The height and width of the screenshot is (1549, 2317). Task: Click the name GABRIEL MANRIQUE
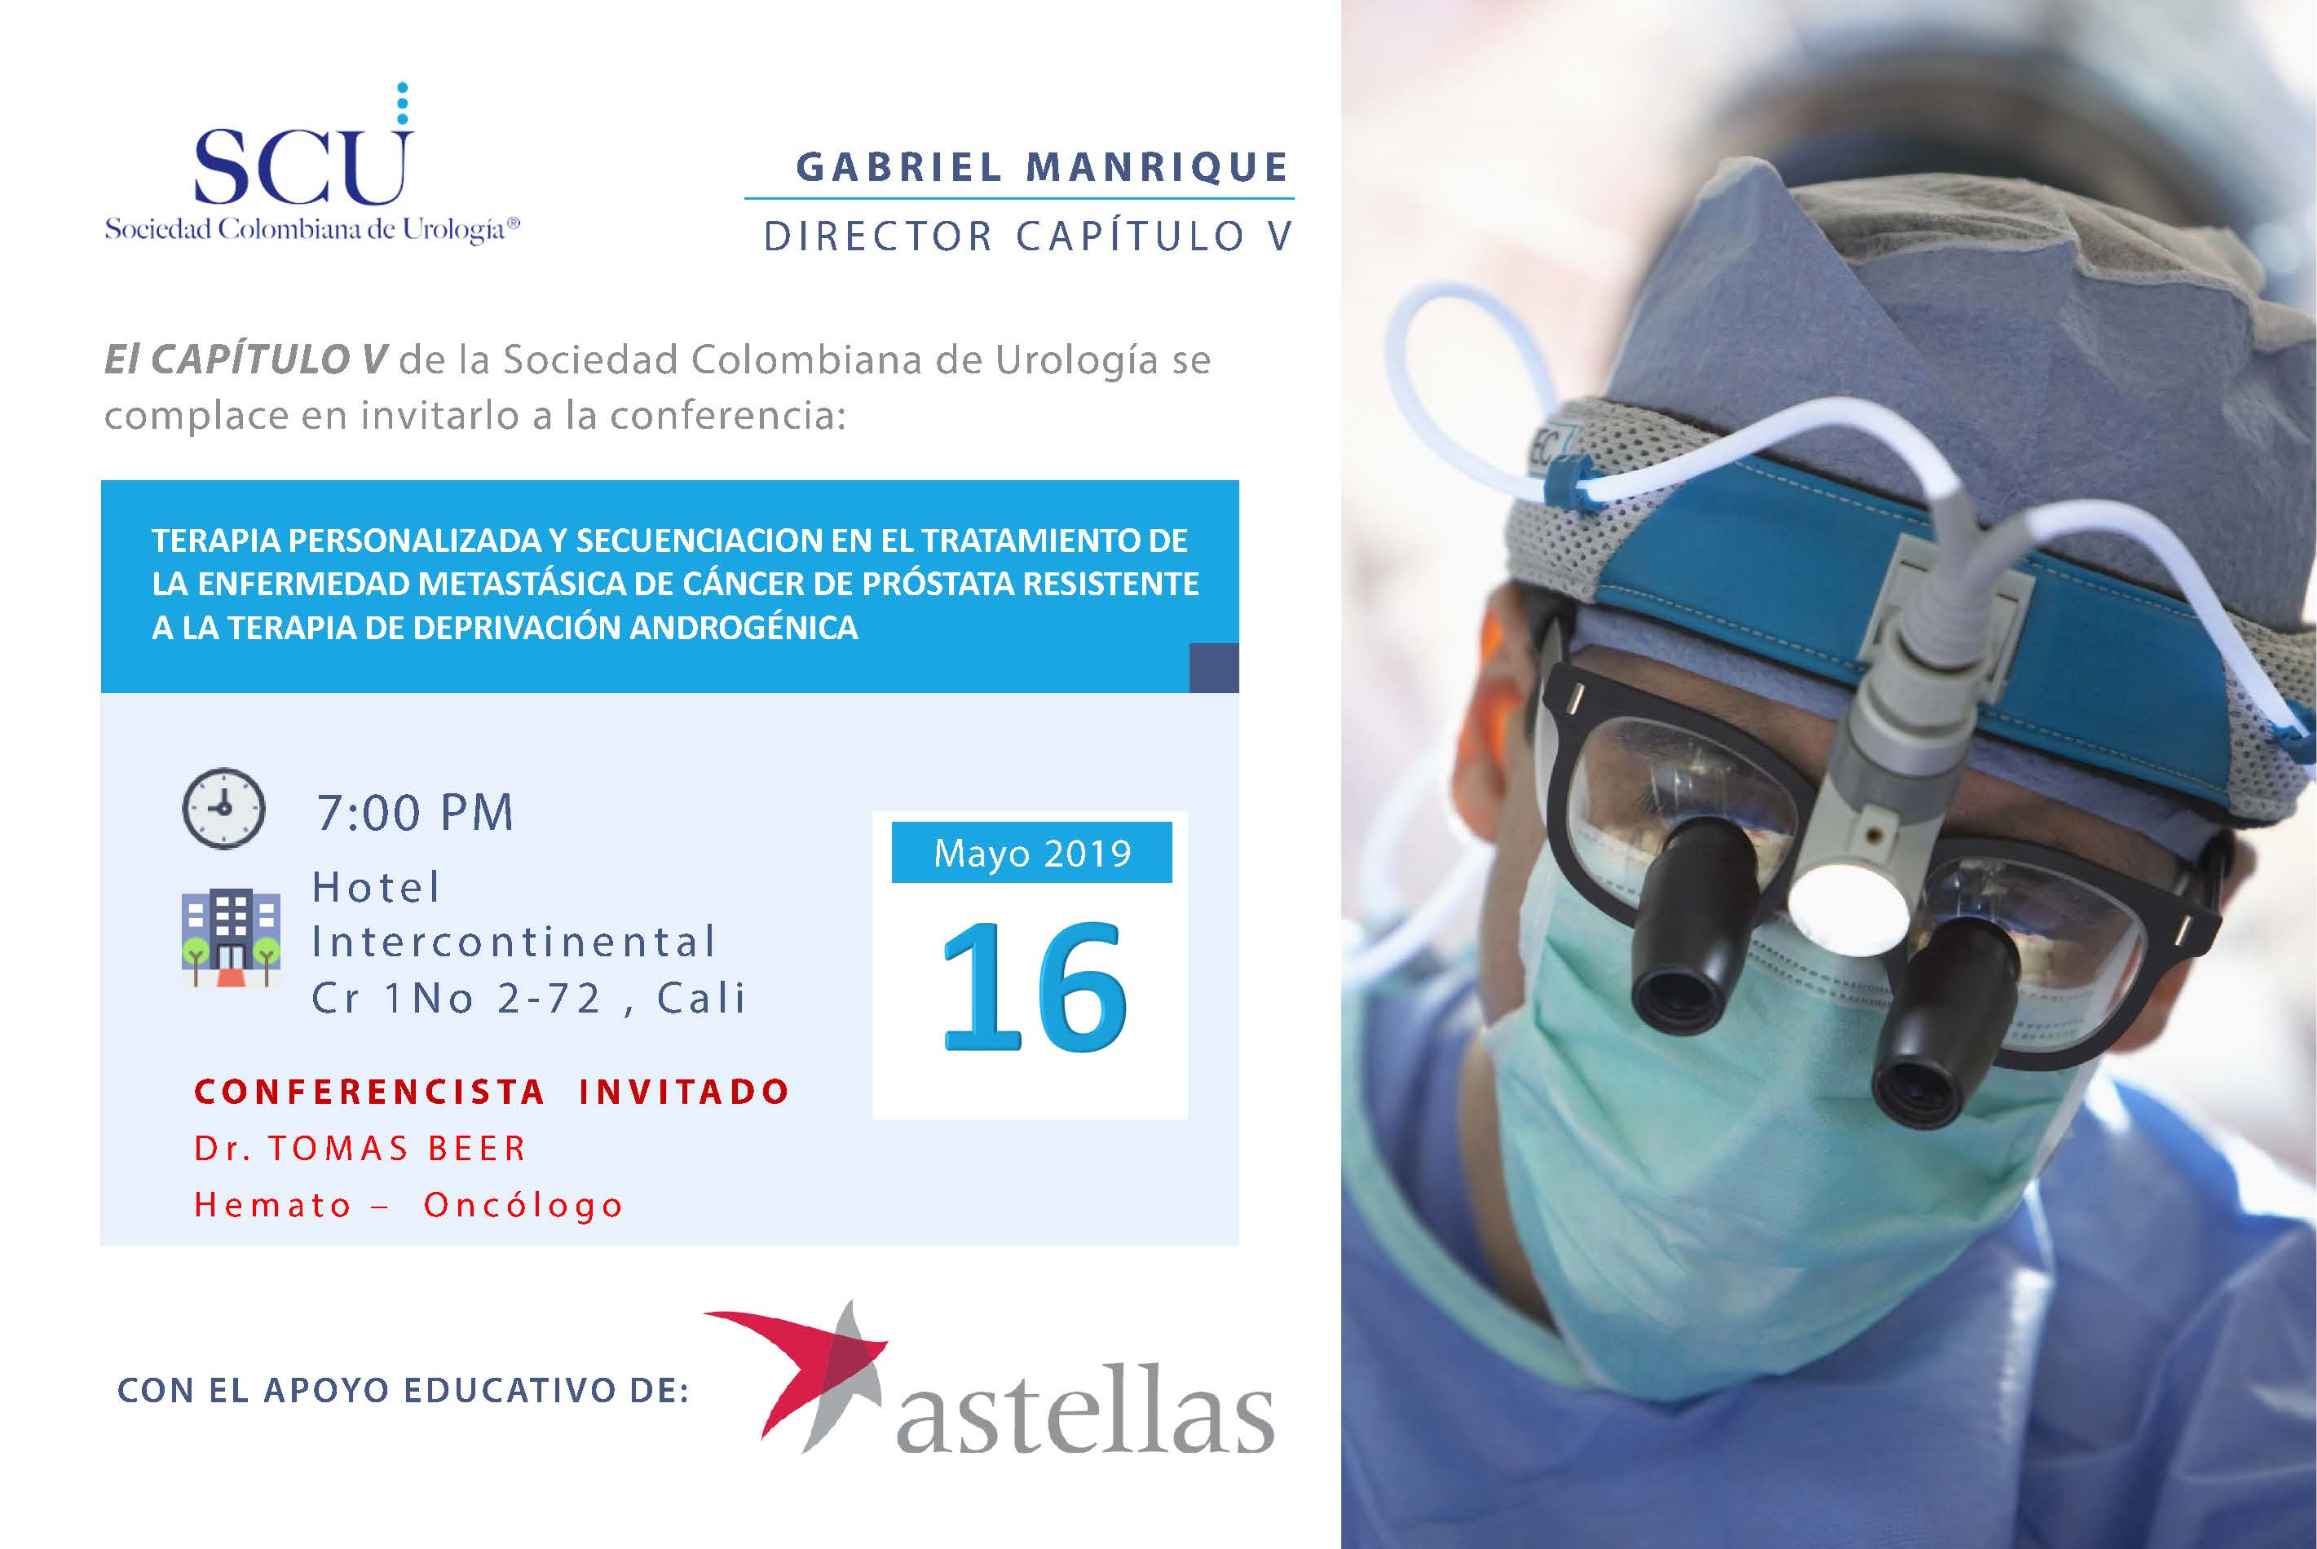pyautogui.click(x=1043, y=167)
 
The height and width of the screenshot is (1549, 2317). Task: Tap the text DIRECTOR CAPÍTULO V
pyautogui.click(x=1028, y=236)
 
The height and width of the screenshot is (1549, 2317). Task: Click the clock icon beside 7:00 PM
pyautogui.click(x=224, y=807)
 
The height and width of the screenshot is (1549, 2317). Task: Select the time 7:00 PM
pyautogui.click(x=415, y=813)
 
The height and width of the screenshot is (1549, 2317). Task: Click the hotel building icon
pyautogui.click(x=230, y=938)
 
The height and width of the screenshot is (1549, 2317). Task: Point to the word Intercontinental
pyautogui.click(x=514, y=942)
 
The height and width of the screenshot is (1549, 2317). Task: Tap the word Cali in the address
pyautogui.click(x=701, y=998)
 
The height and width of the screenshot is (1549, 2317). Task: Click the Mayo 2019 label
pyautogui.click(x=1032, y=853)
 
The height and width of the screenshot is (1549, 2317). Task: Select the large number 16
pyautogui.click(x=1033, y=986)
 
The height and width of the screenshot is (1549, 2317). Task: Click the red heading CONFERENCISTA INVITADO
pyautogui.click(x=492, y=1092)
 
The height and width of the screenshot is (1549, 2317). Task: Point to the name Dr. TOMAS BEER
pyautogui.click(x=360, y=1148)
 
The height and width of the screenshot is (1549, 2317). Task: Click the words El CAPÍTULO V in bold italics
pyautogui.click(x=246, y=360)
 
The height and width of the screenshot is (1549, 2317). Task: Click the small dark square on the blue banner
pyautogui.click(x=1214, y=667)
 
